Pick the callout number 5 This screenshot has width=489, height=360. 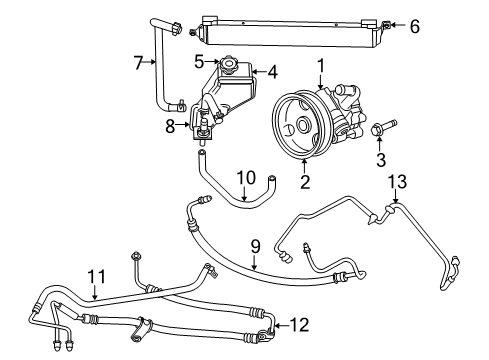[x=200, y=61]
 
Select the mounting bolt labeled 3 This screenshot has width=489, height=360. [x=383, y=129]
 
